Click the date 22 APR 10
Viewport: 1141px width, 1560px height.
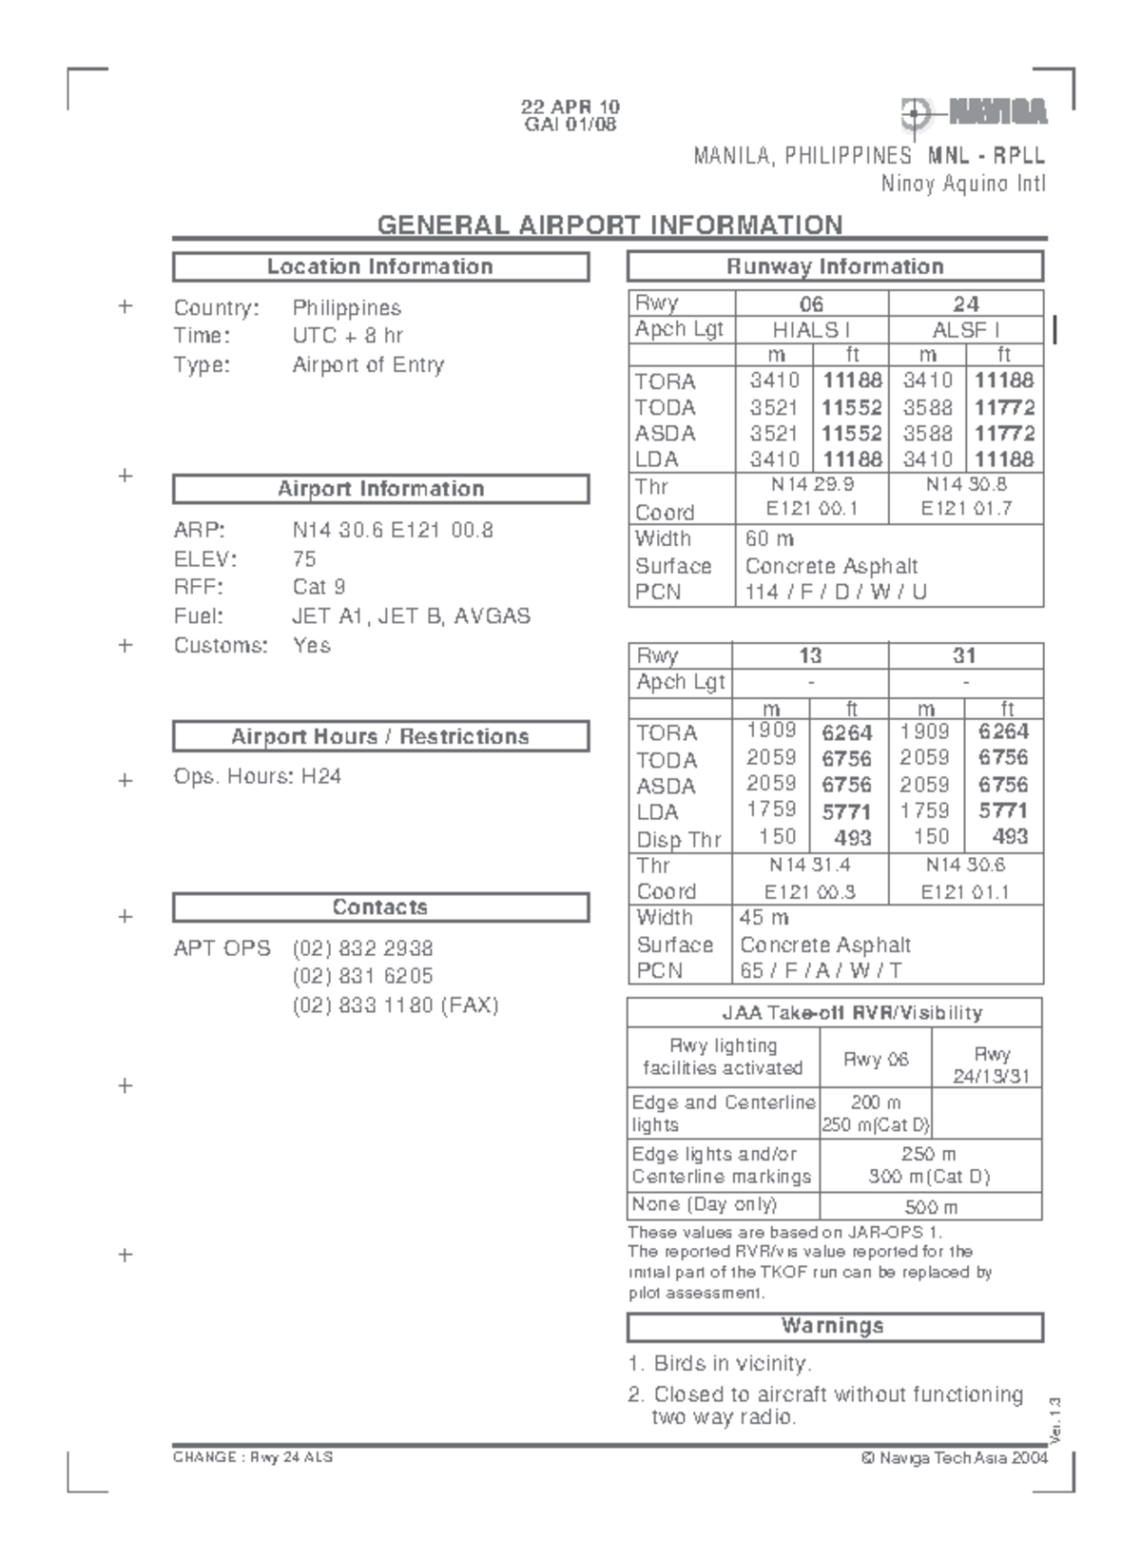pos(570,107)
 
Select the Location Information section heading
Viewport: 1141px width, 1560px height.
pos(380,266)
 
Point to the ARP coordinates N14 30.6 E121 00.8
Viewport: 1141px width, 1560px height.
pos(393,530)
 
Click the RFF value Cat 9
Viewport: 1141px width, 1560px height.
pos(319,587)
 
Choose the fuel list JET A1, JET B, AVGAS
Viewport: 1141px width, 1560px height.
pos(411,615)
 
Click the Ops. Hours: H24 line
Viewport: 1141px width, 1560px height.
pos(257,776)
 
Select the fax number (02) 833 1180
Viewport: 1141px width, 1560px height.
pos(395,1005)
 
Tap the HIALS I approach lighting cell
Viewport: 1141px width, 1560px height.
pos(811,329)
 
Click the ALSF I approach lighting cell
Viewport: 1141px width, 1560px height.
pos(965,329)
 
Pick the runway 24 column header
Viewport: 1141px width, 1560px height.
pos(965,303)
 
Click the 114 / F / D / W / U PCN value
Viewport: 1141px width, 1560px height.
pos(836,592)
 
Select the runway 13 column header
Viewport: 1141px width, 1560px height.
pos(810,655)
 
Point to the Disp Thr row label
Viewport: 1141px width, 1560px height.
pos(679,839)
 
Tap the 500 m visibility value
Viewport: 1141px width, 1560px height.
pos(930,1207)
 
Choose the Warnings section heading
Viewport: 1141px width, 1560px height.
pos(833,1326)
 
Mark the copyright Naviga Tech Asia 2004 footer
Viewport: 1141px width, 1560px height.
pos(954,1457)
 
